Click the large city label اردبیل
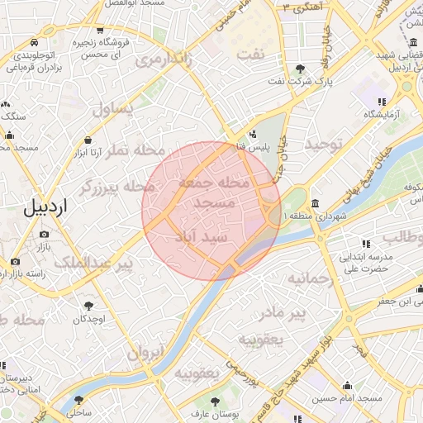point(42,207)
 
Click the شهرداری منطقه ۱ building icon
point(315,204)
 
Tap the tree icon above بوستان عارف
point(216,402)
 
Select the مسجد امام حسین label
point(347,398)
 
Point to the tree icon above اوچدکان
point(88,307)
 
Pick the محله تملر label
point(138,151)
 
